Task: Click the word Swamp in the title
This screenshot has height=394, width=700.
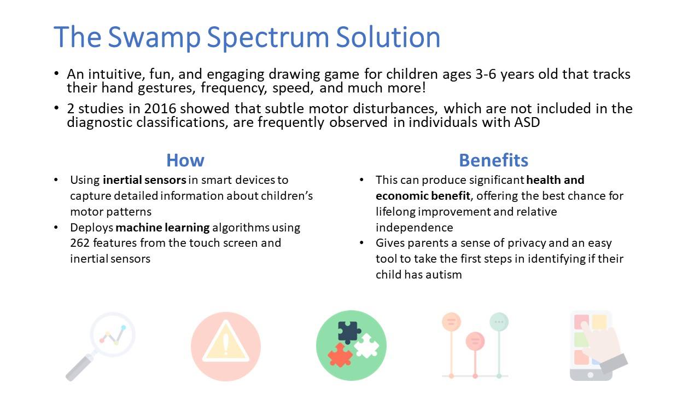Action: coord(154,38)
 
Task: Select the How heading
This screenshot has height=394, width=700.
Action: coord(185,160)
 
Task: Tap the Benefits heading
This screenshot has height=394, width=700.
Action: coord(493,160)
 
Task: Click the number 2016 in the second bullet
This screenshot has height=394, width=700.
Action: coord(160,109)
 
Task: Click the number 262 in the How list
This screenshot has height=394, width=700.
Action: coord(80,243)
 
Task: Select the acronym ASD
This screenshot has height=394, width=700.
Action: coord(527,122)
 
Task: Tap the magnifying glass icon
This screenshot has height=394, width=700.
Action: coord(101,346)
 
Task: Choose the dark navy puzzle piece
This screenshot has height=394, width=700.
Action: coord(349,332)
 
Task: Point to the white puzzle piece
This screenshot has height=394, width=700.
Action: coord(366,346)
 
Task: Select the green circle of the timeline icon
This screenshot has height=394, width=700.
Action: coord(499,322)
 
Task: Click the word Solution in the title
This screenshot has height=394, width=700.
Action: coord(388,37)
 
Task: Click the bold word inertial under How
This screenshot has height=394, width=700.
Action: coord(122,180)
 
